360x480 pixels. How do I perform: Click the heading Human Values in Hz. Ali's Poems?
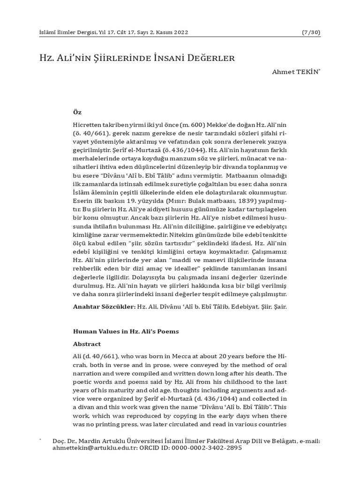pos(126,331)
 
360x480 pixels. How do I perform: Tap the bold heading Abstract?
pos(87,344)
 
